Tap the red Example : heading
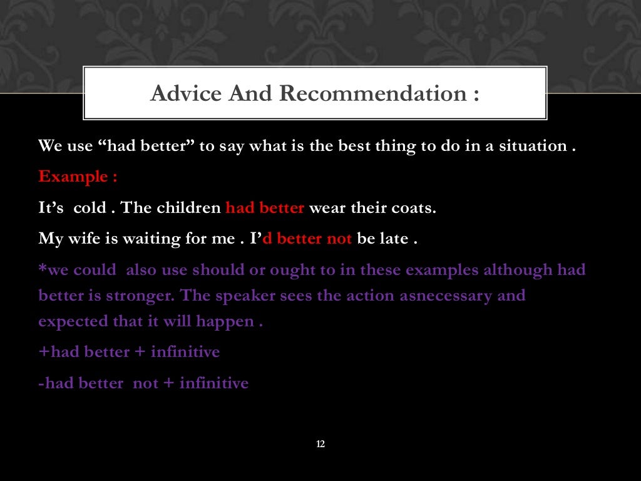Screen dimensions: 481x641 click(x=78, y=177)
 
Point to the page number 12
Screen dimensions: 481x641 click(x=320, y=444)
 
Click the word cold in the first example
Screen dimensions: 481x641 click(x=90, y=208)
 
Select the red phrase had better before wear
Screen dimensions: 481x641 click(x=265, y=208)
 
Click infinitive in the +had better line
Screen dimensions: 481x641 click(x=185, y=352)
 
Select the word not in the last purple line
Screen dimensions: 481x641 click(x=146, y=383)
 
